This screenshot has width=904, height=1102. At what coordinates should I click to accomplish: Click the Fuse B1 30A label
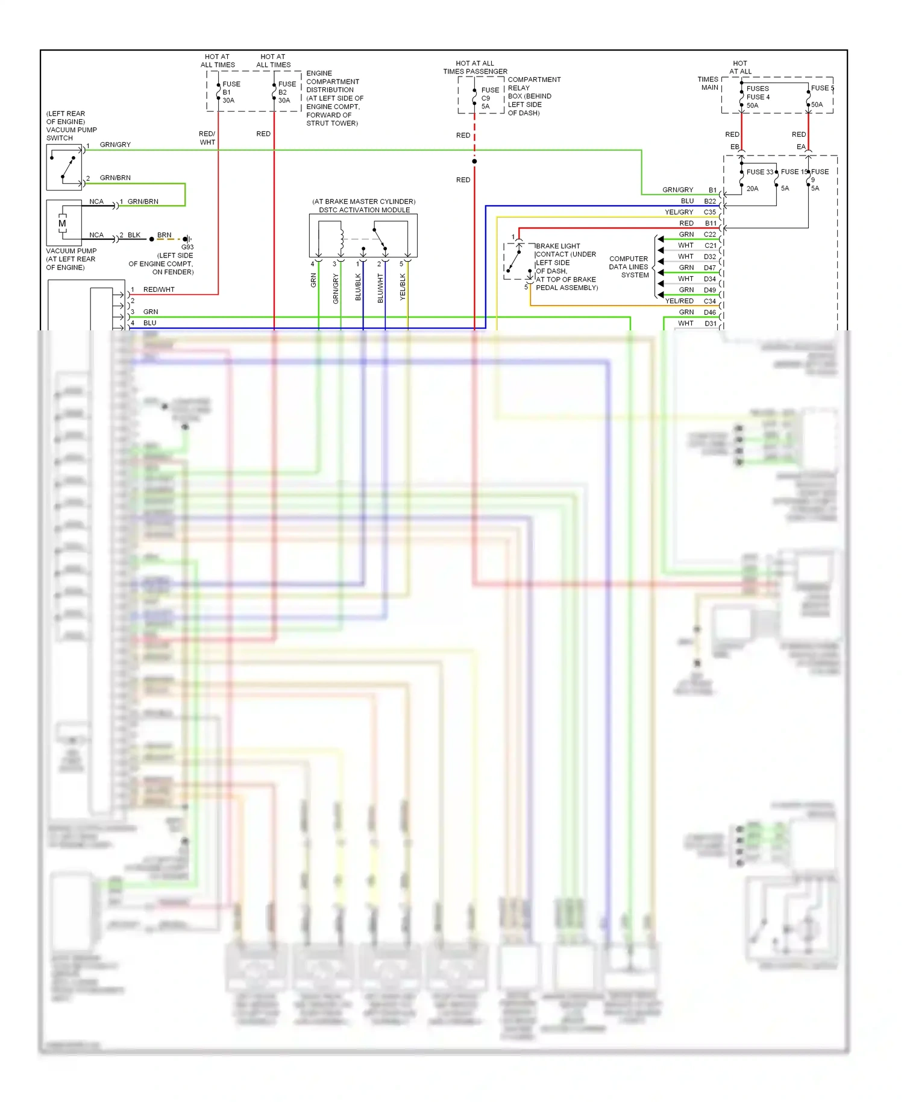coord(230,92)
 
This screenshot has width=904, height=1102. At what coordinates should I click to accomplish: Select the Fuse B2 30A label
coord(286,92)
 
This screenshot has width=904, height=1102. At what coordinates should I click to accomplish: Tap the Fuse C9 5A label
coord(489,98)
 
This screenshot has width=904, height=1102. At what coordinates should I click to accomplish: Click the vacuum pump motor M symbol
coord(62,223)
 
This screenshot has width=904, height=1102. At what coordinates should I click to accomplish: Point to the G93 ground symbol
coord(187,239)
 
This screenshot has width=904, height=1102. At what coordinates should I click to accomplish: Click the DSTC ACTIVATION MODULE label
coord(364,210)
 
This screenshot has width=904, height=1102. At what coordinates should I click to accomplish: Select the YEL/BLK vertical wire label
coord(403,287)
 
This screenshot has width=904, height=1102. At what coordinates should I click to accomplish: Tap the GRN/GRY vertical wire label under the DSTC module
coord(336,288)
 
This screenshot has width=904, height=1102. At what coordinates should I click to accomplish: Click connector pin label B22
coord(710,201)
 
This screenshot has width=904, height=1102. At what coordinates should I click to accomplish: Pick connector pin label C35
coord(710,212)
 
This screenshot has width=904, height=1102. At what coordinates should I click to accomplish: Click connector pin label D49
coord(710,290)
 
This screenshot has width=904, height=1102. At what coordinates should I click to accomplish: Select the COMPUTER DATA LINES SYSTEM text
coord(629,267)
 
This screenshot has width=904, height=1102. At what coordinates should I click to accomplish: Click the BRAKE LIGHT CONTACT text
coord(565,250)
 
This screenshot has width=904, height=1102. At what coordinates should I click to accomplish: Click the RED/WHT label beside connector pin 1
coord(159,289)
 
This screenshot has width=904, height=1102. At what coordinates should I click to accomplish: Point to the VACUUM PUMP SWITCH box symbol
coord(64,168)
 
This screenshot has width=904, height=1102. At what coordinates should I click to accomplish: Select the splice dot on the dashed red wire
coord(474,161)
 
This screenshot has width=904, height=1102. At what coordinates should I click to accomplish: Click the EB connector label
coord(734,146)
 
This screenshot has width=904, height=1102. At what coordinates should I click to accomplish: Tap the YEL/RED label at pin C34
coord(679,301)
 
